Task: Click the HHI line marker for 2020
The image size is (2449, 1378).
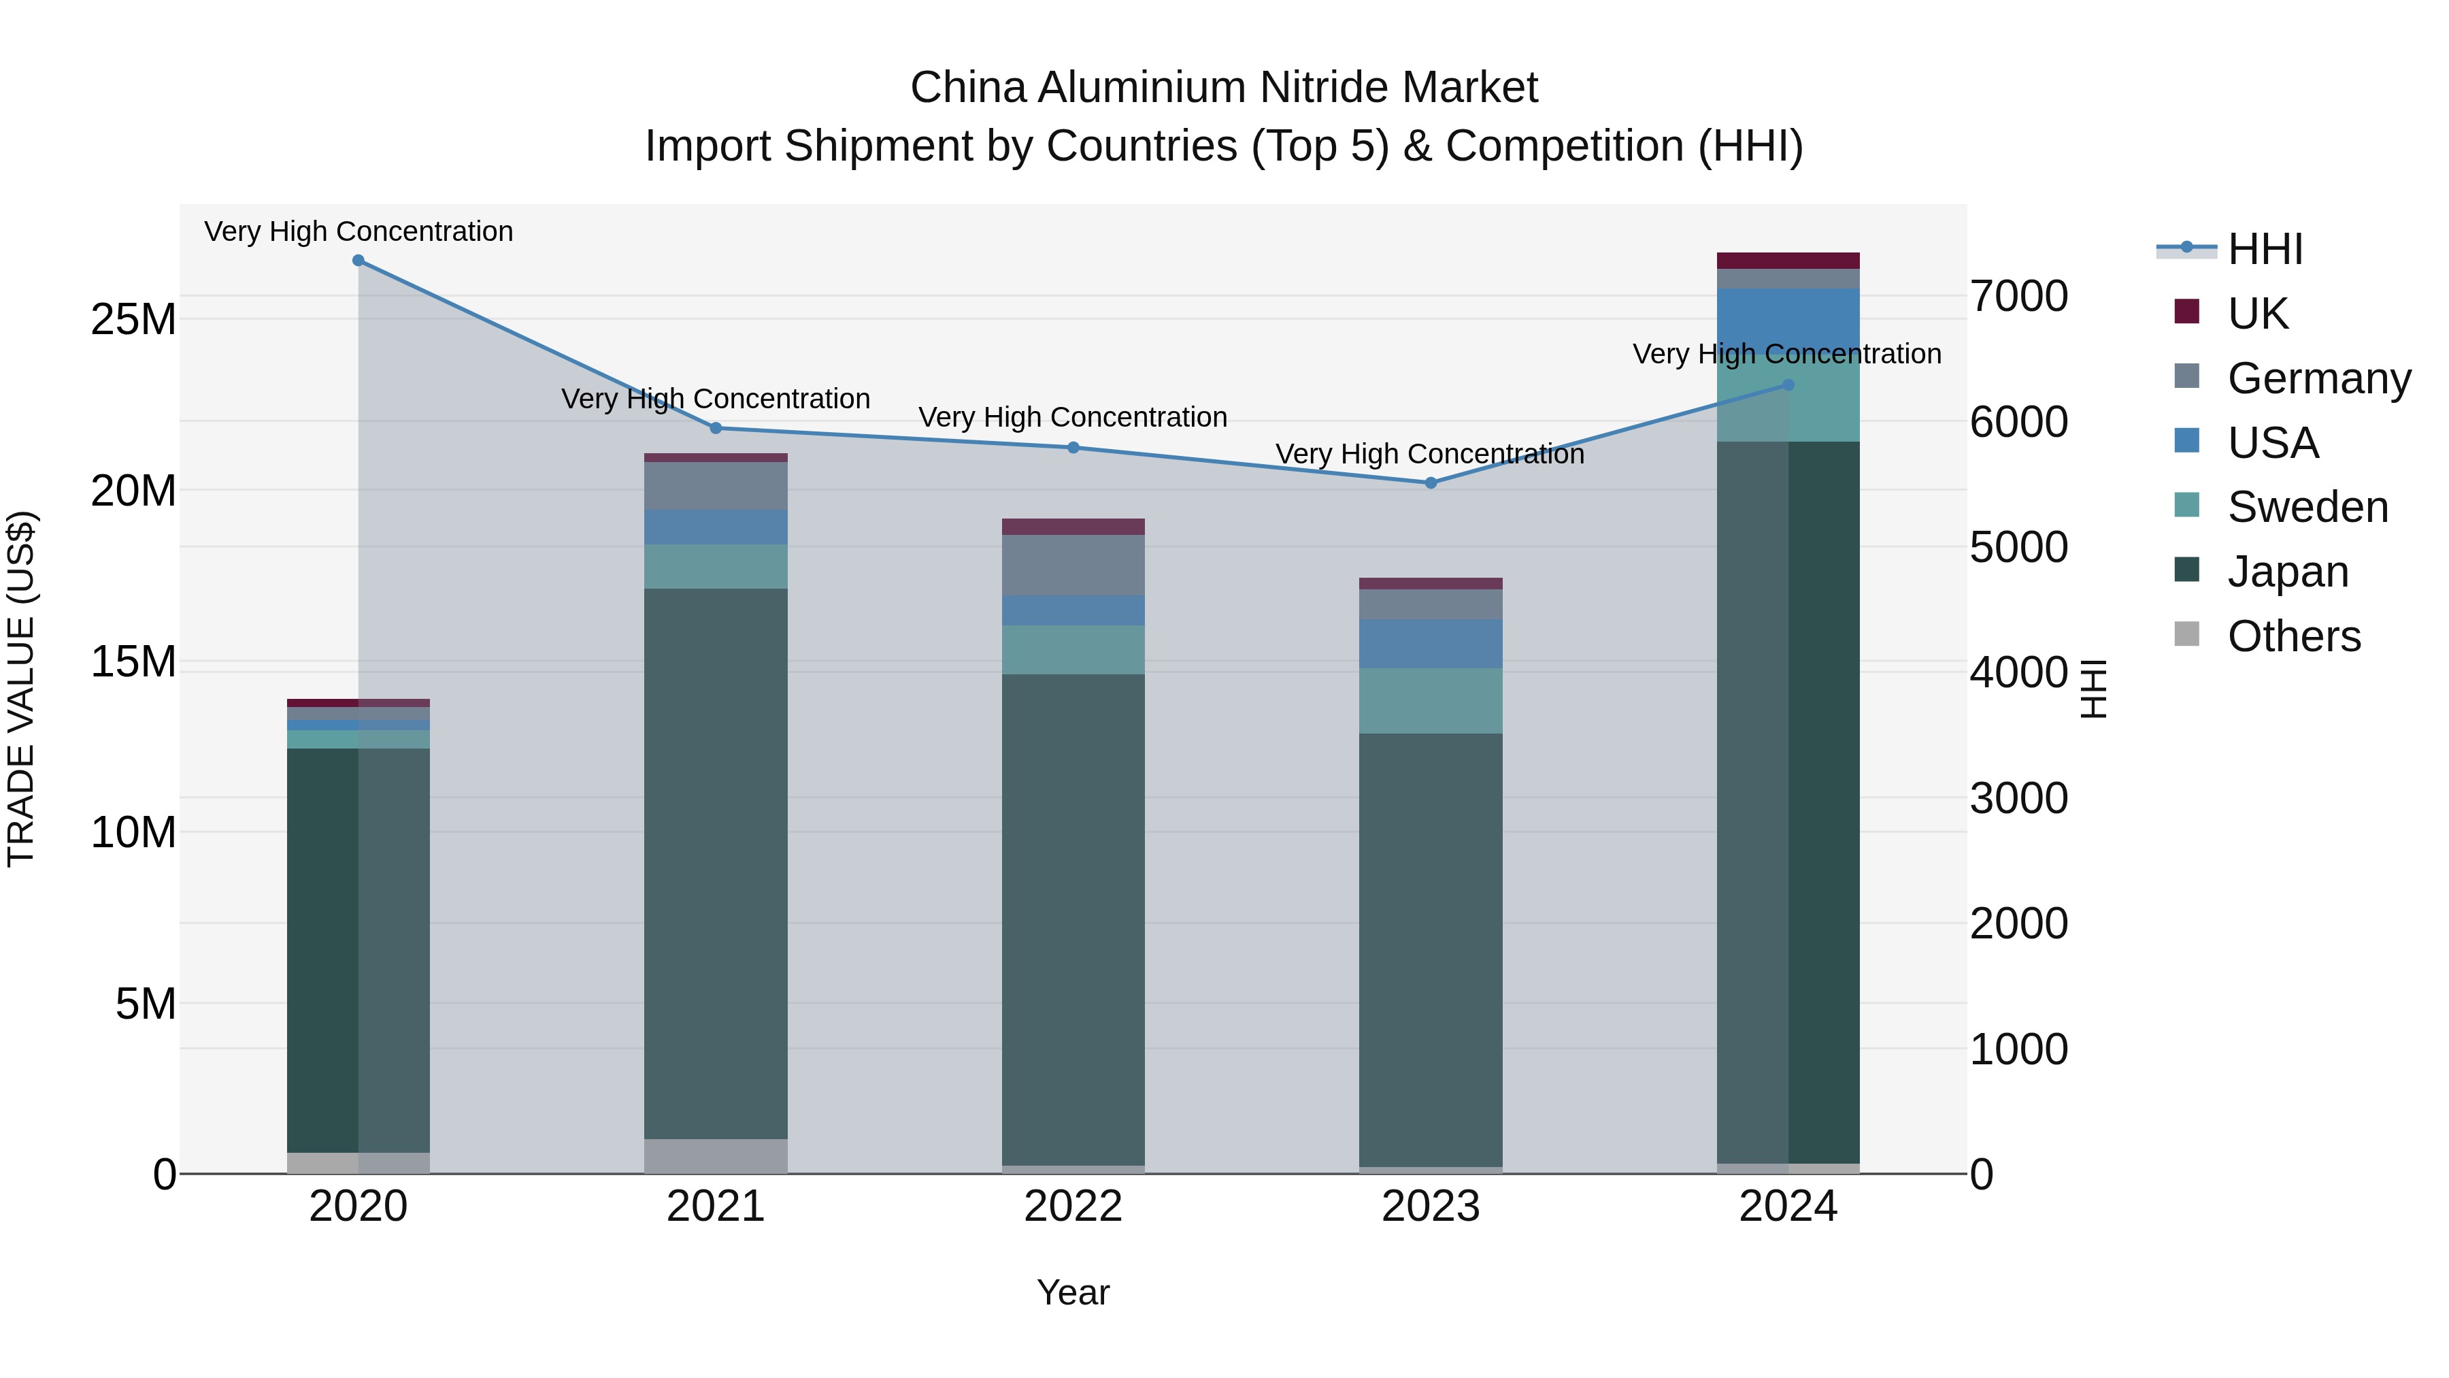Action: click(x=359, y=261)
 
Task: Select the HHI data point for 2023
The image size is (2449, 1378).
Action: click(x=1431, y=483)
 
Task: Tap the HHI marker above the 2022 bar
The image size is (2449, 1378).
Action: click(x=1073, y=448)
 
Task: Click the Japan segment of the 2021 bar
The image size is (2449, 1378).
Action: click(x=716, y=864)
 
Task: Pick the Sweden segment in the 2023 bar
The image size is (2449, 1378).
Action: click(x=1431, y=701)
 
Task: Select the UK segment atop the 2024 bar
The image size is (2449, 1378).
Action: click(x=1788, y=261)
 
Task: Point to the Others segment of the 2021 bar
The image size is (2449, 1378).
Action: click(x=716, y=1155)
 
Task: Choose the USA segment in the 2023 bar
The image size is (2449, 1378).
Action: click(x=1431, y=644)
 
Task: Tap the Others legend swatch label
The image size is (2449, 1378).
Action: click(x=2293, y=636)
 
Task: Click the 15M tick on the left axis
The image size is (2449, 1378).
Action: click(x=133, y=662)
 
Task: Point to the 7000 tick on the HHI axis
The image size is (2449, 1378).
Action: click(x=2018, y=297)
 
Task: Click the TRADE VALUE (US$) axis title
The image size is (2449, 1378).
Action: click(x=21, y=689)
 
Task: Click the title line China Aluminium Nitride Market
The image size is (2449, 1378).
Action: click(x=1224, y=88)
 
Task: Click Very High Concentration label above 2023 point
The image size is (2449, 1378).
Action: click(x=1430, y=455)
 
